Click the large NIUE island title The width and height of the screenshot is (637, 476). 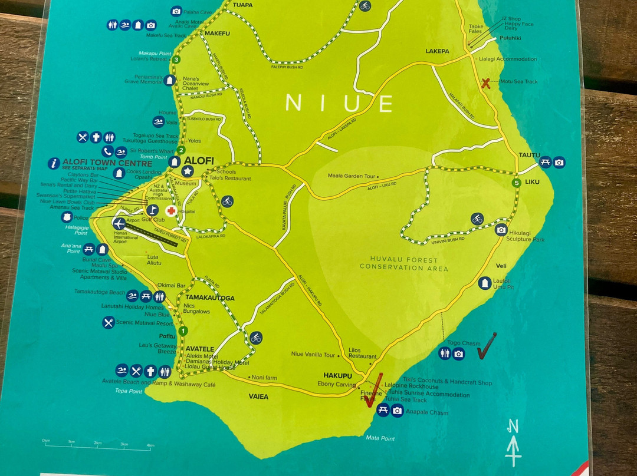click(x=339, y=104)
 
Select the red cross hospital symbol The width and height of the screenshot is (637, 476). click(x=171, y=210)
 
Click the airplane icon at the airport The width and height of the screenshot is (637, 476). click(x=119, y=223)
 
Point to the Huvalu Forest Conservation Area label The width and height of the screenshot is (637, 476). click(x=404, y=264)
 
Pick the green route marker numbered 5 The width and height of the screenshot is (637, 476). click(x=517, y=183)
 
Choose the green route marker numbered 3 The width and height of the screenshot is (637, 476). click(x=176, y=59)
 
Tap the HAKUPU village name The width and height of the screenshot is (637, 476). click(x=337, y=375)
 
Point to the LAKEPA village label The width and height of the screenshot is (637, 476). click(x=437, y=51)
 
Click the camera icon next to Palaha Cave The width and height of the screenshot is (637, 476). click(x=176, y=11)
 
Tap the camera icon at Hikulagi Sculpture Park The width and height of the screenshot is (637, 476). click(x=501, y=230)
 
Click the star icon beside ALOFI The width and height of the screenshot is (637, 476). click(x=188, y=171)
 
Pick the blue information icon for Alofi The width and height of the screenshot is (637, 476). click(x=54, y=163)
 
